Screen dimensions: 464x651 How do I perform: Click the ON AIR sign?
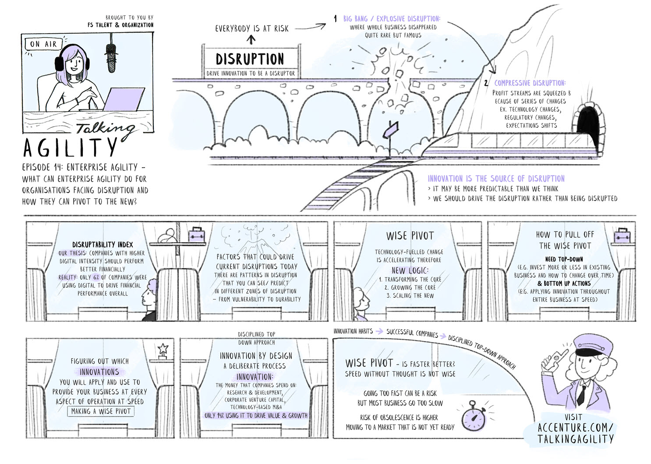[x=43, y=44]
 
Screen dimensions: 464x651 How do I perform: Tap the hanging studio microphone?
[x=111, y=57]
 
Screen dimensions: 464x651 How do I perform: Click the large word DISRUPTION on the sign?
[x=250, y=59]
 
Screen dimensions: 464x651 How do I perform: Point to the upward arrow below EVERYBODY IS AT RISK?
[x=251, y=40]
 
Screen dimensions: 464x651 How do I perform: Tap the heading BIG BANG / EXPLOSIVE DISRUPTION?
[x=392, y=19]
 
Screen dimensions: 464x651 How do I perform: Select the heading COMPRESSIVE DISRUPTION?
[x=530, y=83]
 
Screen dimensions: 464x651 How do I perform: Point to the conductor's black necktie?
[x=581, y=394]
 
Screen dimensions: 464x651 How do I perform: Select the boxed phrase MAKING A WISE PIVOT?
[x=101, y=411]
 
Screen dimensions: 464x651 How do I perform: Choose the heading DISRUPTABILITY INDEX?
[x=103, y=245]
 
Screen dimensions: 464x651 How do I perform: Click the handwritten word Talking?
[x=105, y=128]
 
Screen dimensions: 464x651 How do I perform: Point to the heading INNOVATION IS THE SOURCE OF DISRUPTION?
[x=496, y=179]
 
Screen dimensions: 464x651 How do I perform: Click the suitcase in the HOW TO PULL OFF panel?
[x=622, y=236]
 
